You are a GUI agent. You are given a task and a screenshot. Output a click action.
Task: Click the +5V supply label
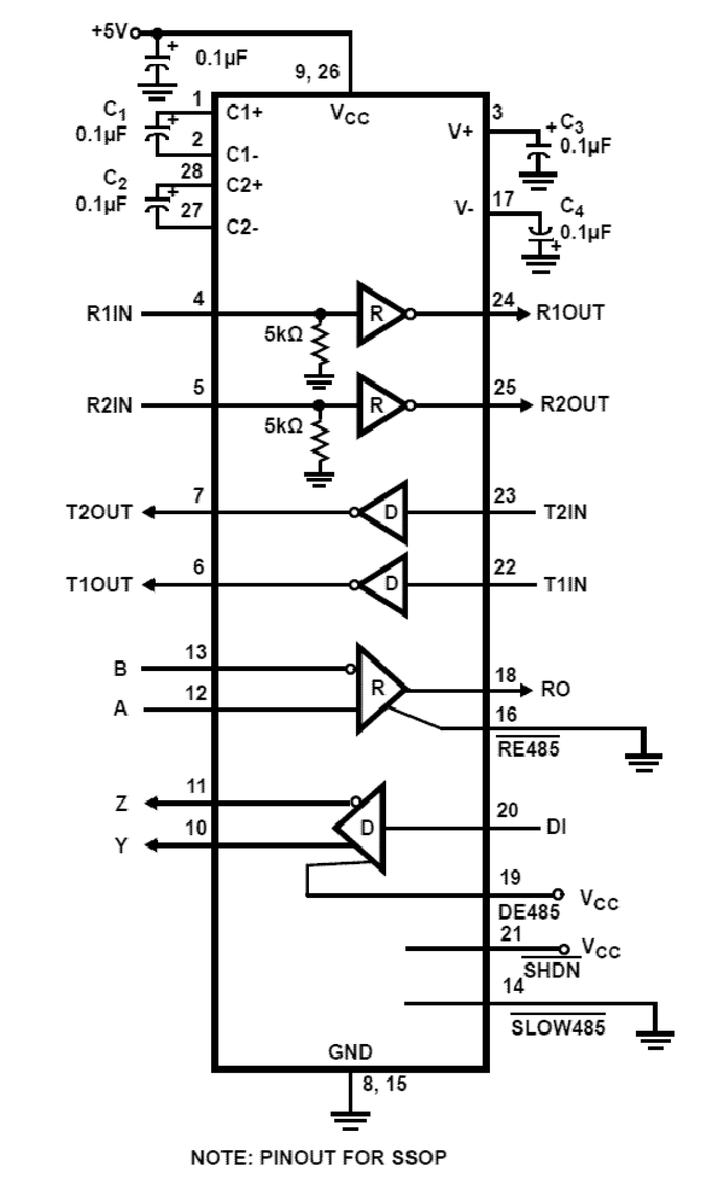[109, 31]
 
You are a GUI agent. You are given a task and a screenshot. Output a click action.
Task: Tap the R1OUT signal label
[570, 313]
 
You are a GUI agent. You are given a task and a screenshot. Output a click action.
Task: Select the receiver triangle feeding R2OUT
[380, 406]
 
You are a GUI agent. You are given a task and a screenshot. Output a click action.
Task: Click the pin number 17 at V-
[503, 199]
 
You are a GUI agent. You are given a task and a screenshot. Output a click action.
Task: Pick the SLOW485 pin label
[558, 1027]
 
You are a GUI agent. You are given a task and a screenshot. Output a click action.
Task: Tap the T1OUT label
[99, 585]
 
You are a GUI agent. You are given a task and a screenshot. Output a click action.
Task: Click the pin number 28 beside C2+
[191, 171]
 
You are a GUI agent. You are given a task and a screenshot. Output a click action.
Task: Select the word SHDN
[551, 970]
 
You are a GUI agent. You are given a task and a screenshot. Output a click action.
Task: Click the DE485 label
[529, 912]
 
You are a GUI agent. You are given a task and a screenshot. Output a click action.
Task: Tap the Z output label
[121, 803]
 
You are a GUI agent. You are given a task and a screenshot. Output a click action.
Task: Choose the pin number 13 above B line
[195, 652]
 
